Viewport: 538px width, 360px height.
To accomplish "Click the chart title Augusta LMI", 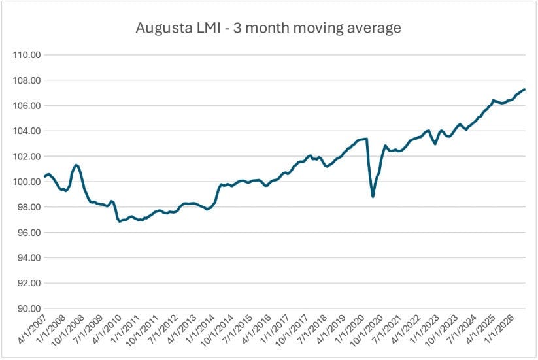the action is click(x=178, y=28).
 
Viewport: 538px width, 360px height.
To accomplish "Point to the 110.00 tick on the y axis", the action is click(x=27, y=55).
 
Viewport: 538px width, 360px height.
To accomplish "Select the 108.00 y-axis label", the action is click(x=27, y=80).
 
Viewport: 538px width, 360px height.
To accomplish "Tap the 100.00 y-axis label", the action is click(x=27, y=182).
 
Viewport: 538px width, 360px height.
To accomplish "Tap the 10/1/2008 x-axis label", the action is click(x=68, y=330).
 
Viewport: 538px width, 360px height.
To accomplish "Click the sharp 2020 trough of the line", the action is click(x=373, y=197).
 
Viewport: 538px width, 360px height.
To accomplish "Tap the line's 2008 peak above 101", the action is click(x=76, y=165).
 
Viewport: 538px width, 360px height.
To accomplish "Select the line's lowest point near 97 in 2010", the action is click(x=120, y=221).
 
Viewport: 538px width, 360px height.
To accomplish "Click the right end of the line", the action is click(x=524, y=90).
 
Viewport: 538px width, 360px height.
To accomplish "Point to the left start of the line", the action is click(x=45, y=176).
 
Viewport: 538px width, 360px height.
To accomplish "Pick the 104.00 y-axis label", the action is click(x=27, y=131).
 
